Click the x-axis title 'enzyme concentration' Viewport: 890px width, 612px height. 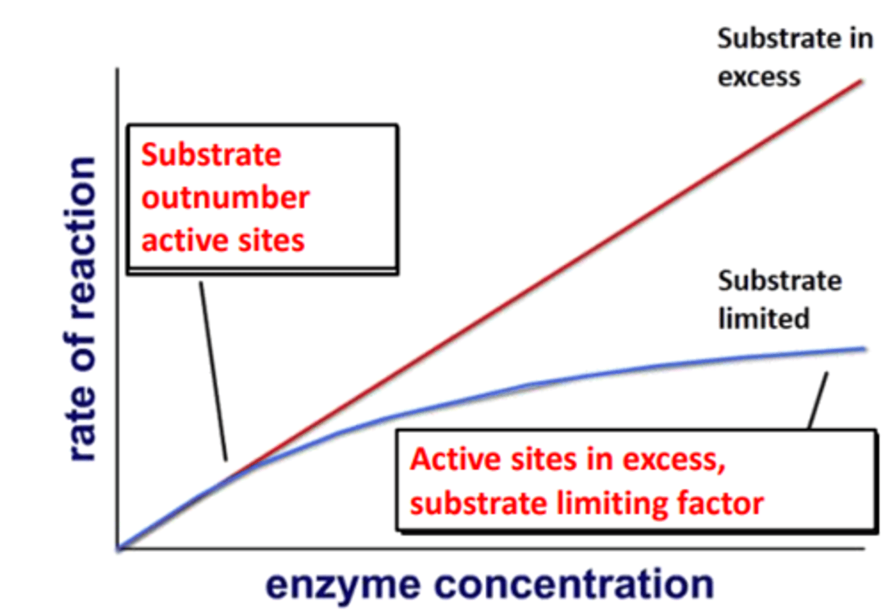[x=489, y=584]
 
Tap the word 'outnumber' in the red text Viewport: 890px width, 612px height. [x=226, y=198]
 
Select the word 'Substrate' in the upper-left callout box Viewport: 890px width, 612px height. [x=211, y=155]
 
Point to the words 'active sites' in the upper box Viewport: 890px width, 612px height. [x=222, y=240]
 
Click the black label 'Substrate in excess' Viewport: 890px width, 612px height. [x=794, y=57]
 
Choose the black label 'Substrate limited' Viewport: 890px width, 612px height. [x=779, y=300]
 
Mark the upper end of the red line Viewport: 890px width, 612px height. [x=861, y=81]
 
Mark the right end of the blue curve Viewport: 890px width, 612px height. [x=864, y=349]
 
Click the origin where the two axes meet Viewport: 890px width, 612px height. [x=118, y=548]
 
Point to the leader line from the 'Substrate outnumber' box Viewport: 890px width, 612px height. [x=213, y=371]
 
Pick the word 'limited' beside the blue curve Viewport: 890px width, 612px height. [x=763, y=319]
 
